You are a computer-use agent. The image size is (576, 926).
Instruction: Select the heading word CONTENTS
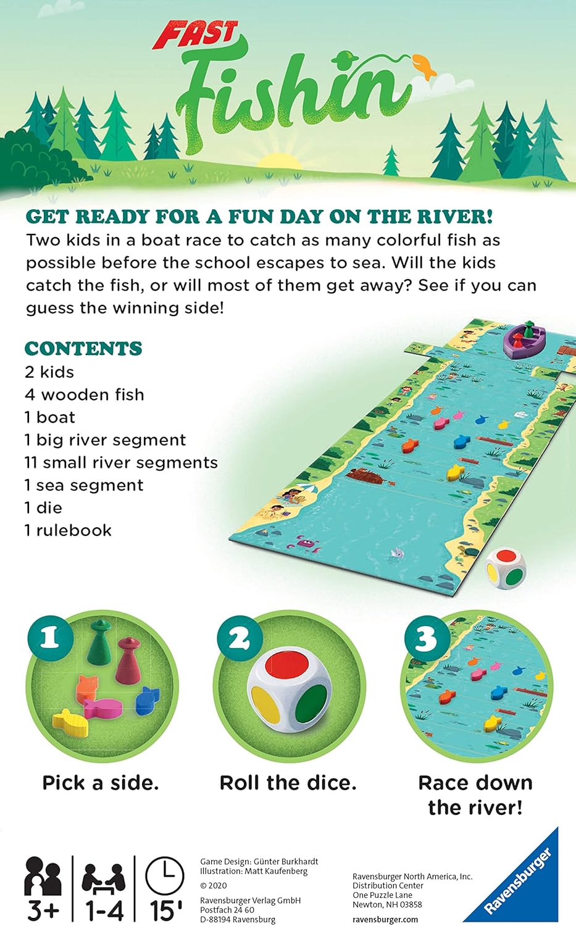click(83, 349)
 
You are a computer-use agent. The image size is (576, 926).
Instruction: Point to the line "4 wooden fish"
click(85, 395)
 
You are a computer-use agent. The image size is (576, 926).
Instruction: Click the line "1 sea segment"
click(84, 485)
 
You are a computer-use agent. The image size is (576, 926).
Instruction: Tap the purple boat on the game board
click(524, 340)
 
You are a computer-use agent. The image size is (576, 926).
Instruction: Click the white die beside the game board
click(505, 568)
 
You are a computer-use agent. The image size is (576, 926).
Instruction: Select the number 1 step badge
click(51, 638)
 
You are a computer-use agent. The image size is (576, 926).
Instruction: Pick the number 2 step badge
click(240, 638)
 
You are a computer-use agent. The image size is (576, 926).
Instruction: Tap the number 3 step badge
click(428, 638)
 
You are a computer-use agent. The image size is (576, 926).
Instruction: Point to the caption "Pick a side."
click(101, 783)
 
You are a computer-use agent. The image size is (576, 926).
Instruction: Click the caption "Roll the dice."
click(288, 783)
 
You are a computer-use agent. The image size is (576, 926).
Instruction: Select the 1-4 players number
click(104, 911)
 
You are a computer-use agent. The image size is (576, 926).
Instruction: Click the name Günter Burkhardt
click(286, 862)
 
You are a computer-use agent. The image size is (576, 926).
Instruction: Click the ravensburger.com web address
click(385, 920)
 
